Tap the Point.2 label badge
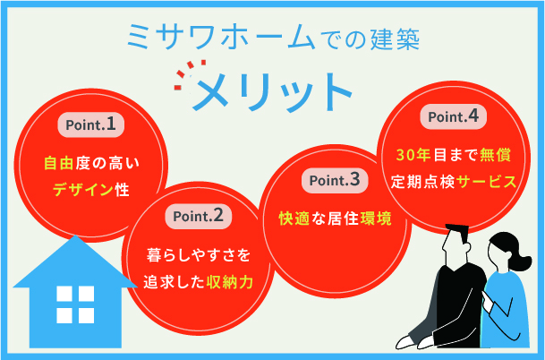(198, 216)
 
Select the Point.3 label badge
(334, 180)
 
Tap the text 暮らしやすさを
(198, 254)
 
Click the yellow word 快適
(293, 219)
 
